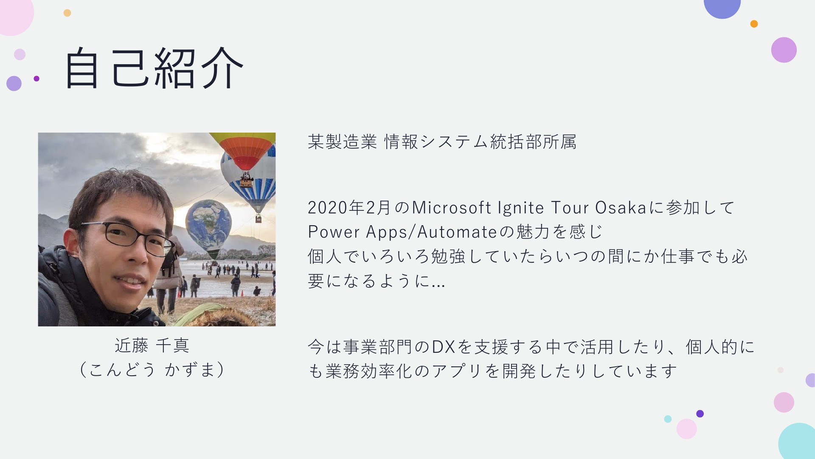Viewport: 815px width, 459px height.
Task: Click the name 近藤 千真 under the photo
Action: pyautogui.click(x=152, y=346)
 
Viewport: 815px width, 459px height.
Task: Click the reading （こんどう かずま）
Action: pyautogui.click(x=152, y=369)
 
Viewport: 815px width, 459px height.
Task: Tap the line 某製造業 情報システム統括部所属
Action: pyautogui.click(x=442, y=142)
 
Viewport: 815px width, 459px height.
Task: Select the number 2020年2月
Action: pyautogui.click(x=349, y=208)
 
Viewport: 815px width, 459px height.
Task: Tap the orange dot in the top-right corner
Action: pyautogui.click(x=754, y=24)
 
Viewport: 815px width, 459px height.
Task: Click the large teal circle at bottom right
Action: pyautogui.click(x=798, y=442)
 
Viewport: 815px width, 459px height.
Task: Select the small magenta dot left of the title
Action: pyautogui.click(x=37, y=79)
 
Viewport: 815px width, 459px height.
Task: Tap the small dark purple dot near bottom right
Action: pyautogui.click(x=700, y=414)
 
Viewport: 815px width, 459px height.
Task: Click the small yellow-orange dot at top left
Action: pyautogui.click(x=67, y=13)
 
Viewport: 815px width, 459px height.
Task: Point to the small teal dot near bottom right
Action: pyautogui.click(x=668, y=419)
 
